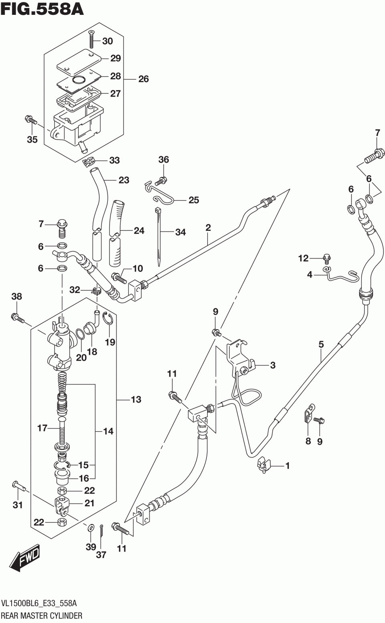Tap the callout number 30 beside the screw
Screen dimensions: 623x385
107,41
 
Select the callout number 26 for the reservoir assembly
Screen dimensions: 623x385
143,79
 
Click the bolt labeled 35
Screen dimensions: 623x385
30,119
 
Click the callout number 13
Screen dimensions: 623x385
136,399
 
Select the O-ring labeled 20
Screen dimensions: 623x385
80,334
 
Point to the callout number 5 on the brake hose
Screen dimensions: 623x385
321,344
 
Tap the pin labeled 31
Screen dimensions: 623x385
19,485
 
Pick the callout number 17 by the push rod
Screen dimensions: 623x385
42,428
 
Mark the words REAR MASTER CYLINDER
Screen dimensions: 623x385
42,616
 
